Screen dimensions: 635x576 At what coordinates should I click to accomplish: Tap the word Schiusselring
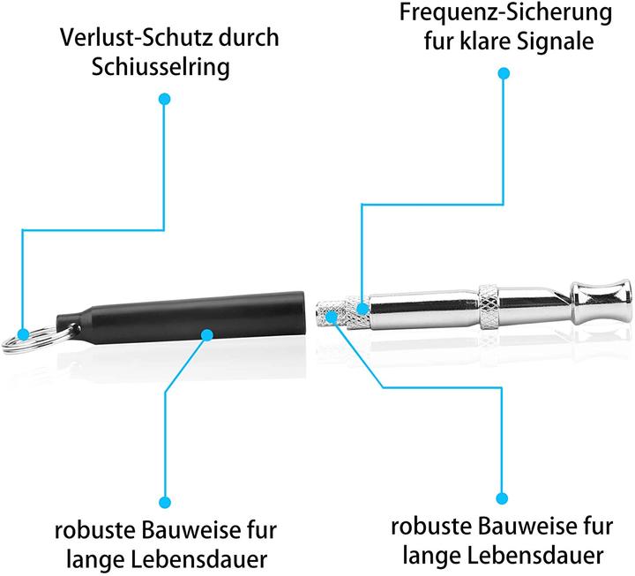(x=161, y=67)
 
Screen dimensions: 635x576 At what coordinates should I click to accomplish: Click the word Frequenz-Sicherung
(x=506, y=12)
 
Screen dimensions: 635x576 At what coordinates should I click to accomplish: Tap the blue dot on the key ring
(x=24, y=334)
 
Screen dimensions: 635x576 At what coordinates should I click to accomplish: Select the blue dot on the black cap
(x=207, y=335)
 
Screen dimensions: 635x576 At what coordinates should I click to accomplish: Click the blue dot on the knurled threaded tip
(x=332, y=317)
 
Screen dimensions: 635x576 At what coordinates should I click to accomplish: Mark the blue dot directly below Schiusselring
(x=164, y=100)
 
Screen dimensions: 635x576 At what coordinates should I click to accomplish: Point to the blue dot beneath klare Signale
(x=504, y=73)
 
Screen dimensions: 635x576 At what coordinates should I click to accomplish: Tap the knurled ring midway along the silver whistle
(x=488, y=308)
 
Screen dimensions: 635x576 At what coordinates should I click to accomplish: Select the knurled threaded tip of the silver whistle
(x=342, y=313)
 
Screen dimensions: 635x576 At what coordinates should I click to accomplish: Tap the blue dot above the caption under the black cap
(x=165, y=503)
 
